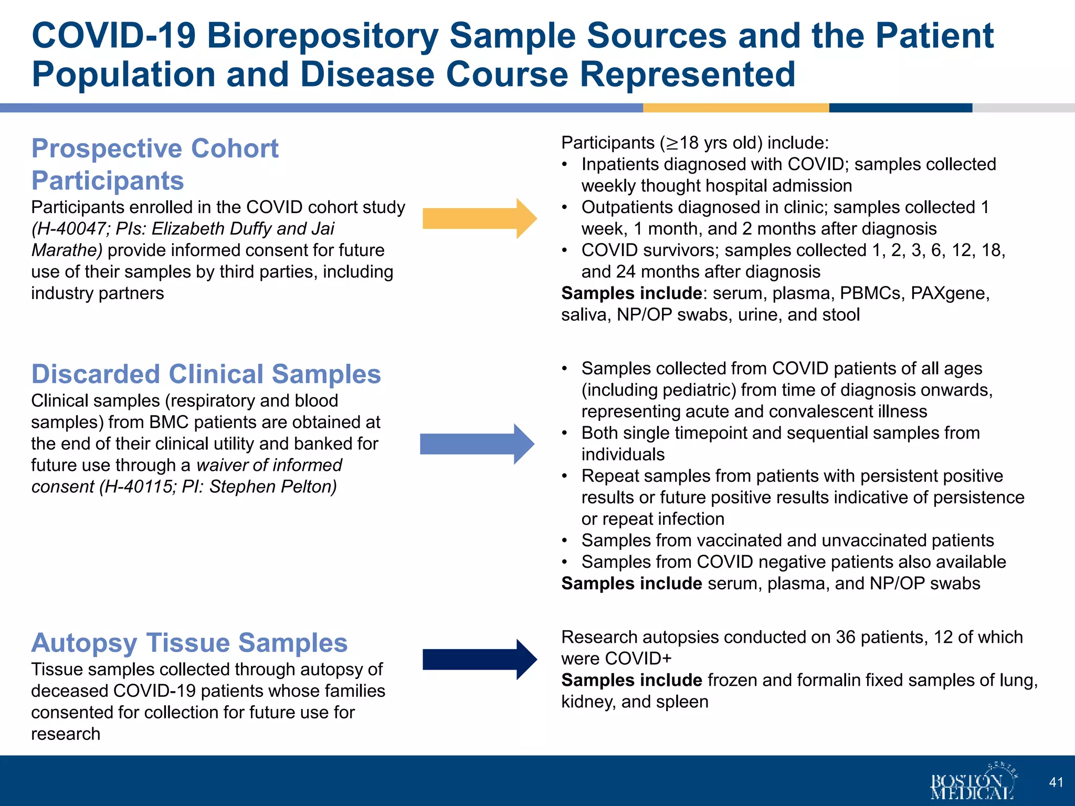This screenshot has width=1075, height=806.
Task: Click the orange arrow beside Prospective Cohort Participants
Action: point(479,218)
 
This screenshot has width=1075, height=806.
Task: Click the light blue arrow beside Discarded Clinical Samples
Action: point(477,444)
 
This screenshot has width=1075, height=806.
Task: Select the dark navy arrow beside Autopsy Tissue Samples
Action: point(479,660)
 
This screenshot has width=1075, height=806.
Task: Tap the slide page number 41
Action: point(1056,782)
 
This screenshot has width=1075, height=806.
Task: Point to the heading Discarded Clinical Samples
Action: point(206,374)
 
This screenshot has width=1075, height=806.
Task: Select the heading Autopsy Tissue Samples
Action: point(189,643)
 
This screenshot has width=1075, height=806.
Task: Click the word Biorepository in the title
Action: point(323,36)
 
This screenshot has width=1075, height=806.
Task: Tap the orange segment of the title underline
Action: point(735,108)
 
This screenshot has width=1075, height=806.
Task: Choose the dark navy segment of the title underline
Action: point(900,108)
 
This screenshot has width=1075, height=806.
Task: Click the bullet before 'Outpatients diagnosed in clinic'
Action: point(564,208)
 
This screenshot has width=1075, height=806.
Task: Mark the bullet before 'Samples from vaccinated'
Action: point(564,540)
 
